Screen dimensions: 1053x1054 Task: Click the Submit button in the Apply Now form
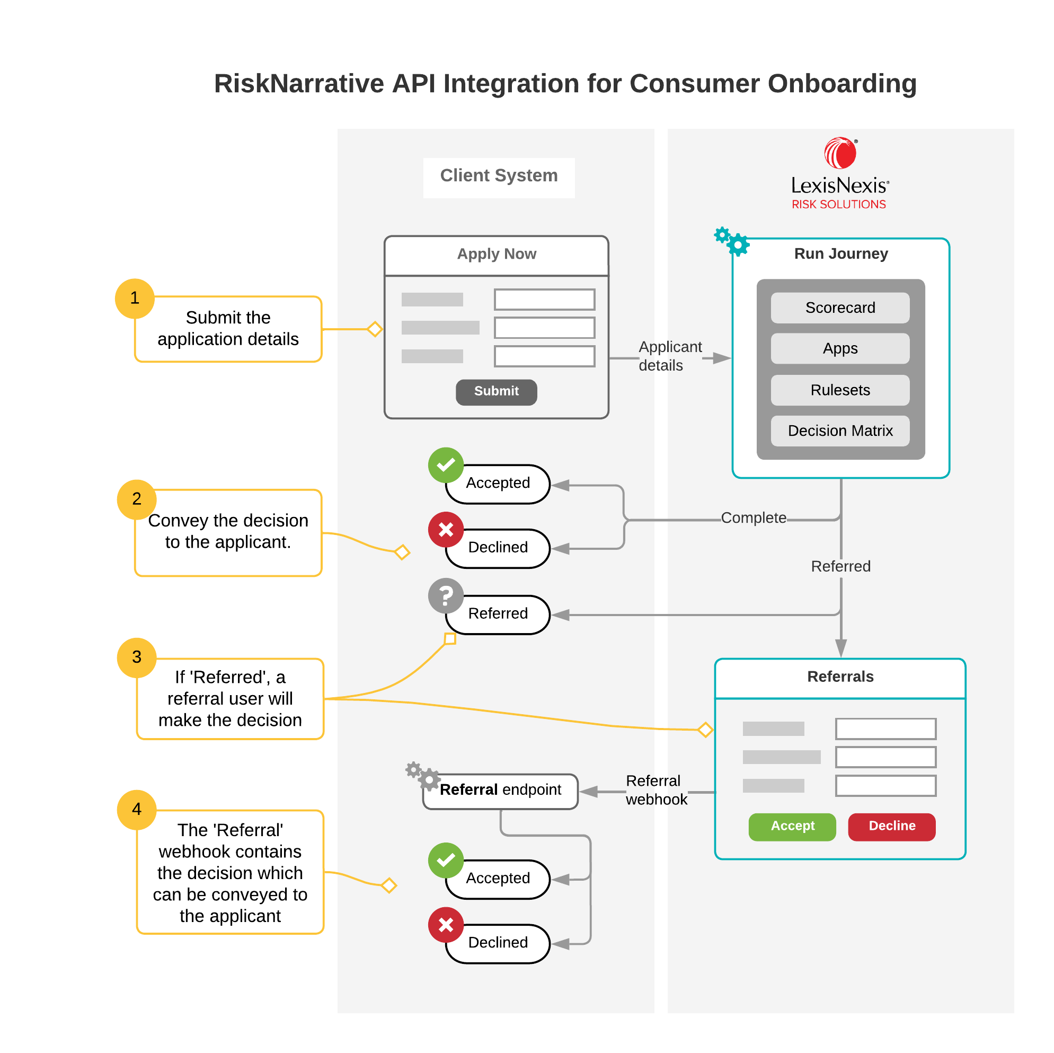(496, 391)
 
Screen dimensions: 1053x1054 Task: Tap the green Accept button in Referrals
(792, 826)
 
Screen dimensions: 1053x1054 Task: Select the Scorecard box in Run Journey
(839, 308)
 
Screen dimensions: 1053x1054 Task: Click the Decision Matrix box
(839, 431)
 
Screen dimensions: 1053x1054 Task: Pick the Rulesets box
(839, 390)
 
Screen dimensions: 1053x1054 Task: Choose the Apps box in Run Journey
(839, 348)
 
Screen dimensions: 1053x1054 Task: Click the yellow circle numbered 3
(136, 657)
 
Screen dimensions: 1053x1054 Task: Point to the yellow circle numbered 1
(135, 298)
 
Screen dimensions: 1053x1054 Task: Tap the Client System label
(499, 177)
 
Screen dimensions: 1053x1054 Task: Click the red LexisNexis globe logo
(839, 153)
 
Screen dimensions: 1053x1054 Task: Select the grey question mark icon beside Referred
(446, 595)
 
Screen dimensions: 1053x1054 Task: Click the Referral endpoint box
(500, 790)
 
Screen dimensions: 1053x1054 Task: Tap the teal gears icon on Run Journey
(732, 241)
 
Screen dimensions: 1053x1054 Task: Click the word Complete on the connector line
(754, 517)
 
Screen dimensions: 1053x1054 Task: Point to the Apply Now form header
(496, 255)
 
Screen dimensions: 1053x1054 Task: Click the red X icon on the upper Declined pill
(446, 529)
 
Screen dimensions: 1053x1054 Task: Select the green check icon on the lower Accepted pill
(446, 860)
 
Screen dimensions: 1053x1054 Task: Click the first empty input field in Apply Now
(544, 300)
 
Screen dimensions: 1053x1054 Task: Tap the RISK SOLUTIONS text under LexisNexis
(838, 205)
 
